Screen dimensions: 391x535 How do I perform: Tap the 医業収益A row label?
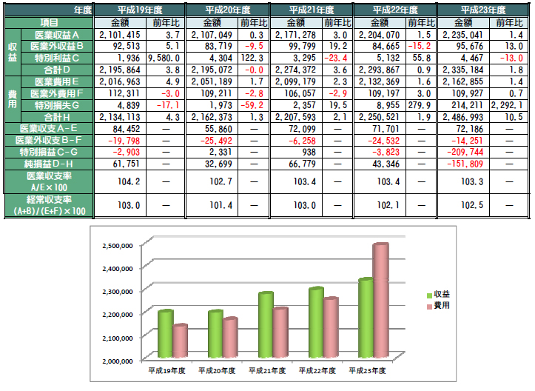click(52, 34)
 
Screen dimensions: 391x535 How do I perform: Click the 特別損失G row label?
click(52, 105)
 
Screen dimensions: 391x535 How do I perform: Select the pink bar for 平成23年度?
click(380, 304)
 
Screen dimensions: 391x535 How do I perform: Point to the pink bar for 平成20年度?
click(231, 337)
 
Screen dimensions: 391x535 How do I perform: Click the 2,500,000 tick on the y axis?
click(113, 245)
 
